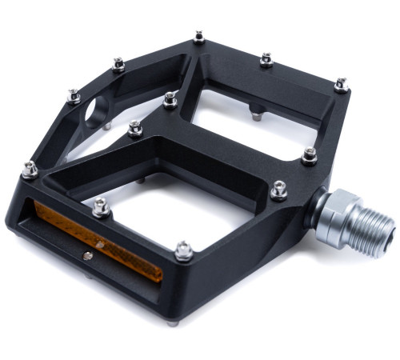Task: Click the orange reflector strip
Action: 96,241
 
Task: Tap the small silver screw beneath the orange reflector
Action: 87,255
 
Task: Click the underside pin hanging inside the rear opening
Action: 255,114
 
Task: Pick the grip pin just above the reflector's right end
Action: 184,250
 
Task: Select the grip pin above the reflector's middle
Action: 101,206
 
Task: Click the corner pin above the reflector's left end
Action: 30,169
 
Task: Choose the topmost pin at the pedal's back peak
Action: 198,38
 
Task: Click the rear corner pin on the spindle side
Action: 342,84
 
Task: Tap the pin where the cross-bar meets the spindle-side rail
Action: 310,154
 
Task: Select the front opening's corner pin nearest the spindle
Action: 278,190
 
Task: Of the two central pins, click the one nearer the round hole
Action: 135,128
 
